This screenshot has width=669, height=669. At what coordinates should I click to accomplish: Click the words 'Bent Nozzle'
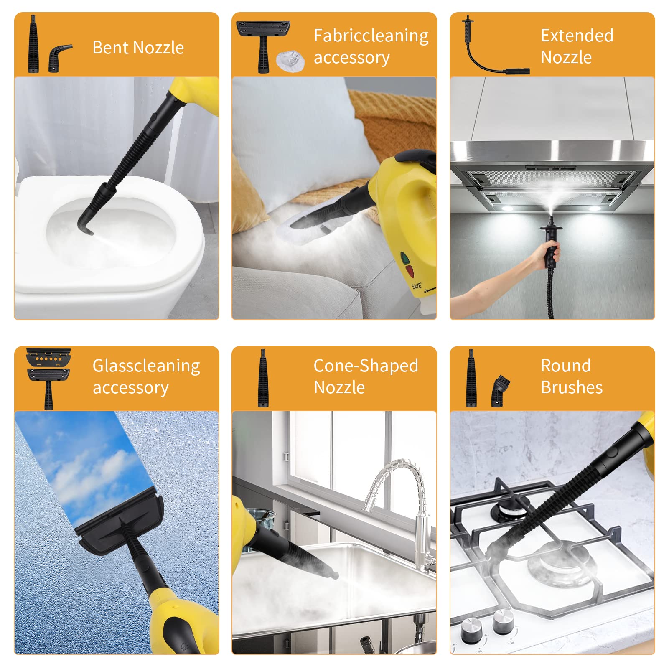(138, 48)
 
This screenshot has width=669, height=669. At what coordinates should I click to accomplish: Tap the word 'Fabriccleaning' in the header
(371, 36)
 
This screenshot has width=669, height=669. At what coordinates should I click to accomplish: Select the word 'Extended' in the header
(577, 36)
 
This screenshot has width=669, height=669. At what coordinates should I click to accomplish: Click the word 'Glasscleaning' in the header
(146, 366)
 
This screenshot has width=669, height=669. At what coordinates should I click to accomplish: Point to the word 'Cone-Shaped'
(366, 366)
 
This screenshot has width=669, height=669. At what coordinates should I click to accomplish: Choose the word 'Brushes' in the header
(572, 387)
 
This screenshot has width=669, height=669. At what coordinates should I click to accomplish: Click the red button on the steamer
(410, 271)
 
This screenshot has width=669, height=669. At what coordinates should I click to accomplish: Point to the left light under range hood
(507, 208)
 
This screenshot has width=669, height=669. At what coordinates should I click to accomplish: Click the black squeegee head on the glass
(120, 524)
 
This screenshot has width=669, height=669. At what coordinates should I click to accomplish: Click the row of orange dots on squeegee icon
(48, 359)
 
